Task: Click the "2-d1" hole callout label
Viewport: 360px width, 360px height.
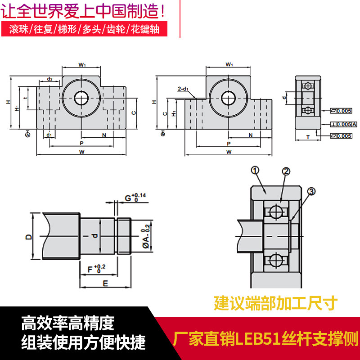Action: click(x=183, y=89)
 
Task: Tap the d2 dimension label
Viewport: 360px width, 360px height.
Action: click(x=49, y=79)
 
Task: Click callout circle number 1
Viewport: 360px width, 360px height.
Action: click(x=255, y=170)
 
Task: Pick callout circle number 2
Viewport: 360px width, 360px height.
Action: click(x=286, y=171)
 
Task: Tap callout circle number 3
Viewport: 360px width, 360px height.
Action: click(x=310, y=192)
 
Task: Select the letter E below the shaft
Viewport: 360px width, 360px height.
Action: click(x=105, y=283)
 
